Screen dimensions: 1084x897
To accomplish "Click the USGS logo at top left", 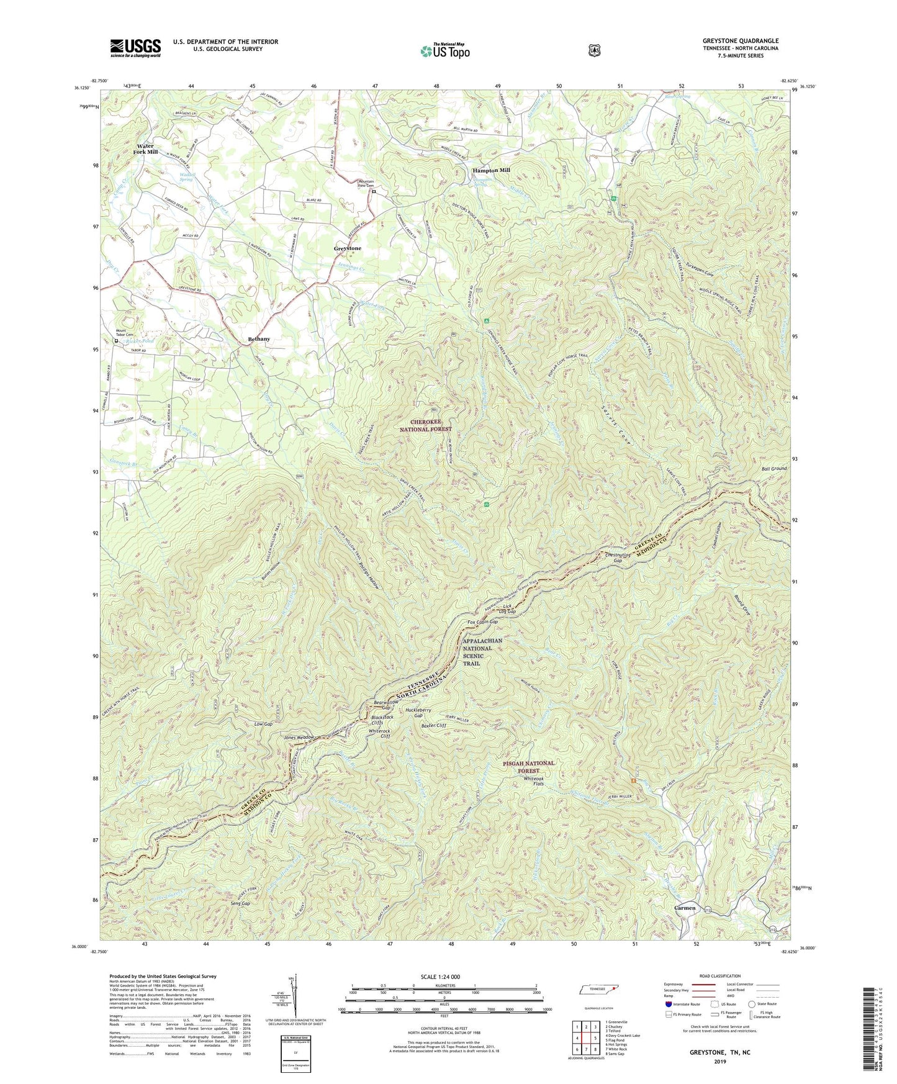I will [x=135, y=47].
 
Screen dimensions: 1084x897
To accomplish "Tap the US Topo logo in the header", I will [x=444, y=51].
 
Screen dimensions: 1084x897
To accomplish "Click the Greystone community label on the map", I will [x=347, y=248].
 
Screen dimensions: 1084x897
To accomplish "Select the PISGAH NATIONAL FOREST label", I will [x=528, y=767].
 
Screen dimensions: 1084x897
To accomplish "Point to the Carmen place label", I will [x=685, y=908].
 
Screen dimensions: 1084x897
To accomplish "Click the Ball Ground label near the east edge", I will [x=775, y=468].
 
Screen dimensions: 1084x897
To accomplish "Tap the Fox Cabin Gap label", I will [x=482, y=621].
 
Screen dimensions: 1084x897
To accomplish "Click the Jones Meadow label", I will [x=299, y=737].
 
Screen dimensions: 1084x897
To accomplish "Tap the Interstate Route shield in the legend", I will [x=668, y=1004].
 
